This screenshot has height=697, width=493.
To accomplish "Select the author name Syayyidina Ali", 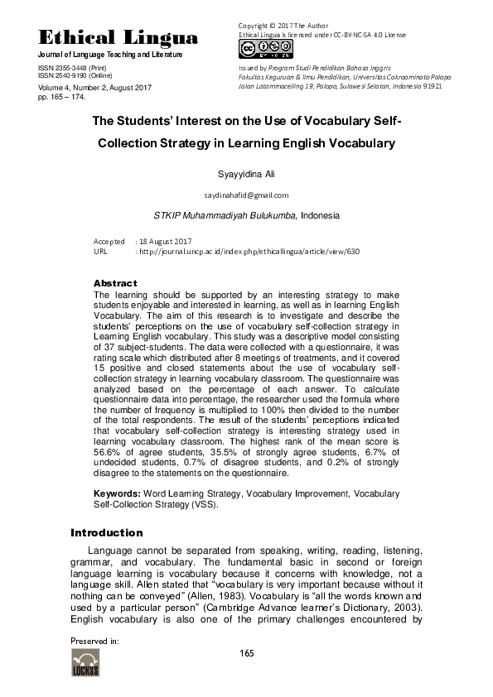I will click(x=246, y=174).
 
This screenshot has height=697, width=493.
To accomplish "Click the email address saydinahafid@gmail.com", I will click(x=246, y=195).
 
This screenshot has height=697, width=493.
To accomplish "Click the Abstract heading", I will click(x=115, y=283).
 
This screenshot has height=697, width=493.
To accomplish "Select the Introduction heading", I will click(x=107, y=532).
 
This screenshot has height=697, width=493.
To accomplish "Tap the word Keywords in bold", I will click(x=117, y=493).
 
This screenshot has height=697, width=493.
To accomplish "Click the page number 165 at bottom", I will click(x=246, y=654).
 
